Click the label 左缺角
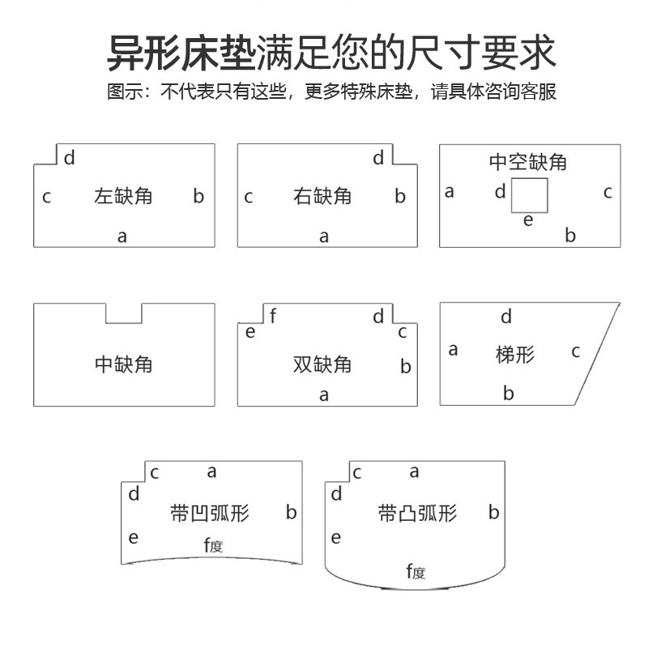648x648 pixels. tap(123, 196)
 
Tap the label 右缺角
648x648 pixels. tap(322, 196)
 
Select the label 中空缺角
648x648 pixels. tap(527, 162)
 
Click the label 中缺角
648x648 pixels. tap(123, 364)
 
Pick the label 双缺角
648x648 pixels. tap(322, 364)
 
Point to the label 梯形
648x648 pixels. tap(515, 354)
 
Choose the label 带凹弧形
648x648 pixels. tap(210, 514)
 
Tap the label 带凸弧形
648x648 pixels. tap(417, 514)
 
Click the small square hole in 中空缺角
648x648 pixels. tap(530, 195)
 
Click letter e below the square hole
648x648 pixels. tap(528, 220)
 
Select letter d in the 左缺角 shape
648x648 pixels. tap(70, 158)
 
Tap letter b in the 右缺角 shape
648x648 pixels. tap(400, 196)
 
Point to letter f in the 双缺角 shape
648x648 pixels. tap(273, 317)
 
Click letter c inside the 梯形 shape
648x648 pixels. tap(576, 352)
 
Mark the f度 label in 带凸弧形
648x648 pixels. tap(416, 572)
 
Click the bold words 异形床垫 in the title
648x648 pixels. tap(181, 53)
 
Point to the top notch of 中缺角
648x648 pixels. tap(123, 313)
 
